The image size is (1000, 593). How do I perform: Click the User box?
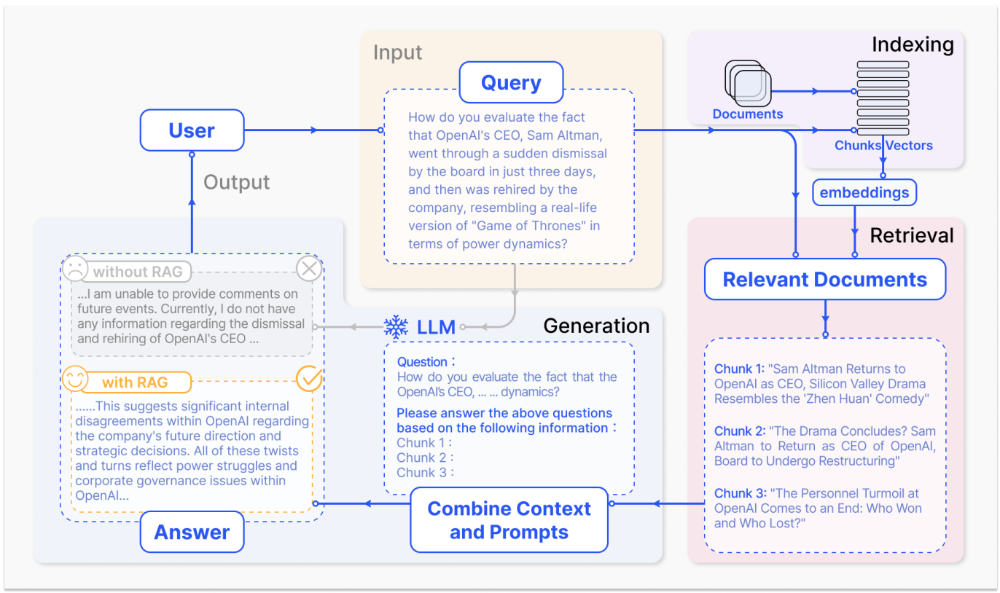[x=192, y=130]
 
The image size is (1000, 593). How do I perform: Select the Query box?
[x=511, y=82]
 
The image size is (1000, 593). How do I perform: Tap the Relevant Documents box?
[x=824, y=280]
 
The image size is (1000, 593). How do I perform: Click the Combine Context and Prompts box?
[x=509, y=520]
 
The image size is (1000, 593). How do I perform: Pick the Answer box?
[x=192, y=532]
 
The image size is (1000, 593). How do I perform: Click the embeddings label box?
[x=864, y=193]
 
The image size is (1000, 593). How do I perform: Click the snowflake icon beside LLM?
[x=397, y=327]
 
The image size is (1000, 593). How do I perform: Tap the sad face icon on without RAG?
[x=74, y=269]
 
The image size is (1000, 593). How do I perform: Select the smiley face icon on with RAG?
[x=74, y=379]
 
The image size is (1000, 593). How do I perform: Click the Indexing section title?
[x=913, y=45]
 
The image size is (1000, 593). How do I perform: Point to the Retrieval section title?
[x=912, y=235]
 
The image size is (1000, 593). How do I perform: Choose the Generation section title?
[x=596, y=326]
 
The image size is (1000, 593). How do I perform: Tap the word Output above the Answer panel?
[x=236, y=182]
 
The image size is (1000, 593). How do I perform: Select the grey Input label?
[x=397, y=52]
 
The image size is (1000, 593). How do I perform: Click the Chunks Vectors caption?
[x=883, y=146]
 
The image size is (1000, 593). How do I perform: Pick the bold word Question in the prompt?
[x=422, y=362]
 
